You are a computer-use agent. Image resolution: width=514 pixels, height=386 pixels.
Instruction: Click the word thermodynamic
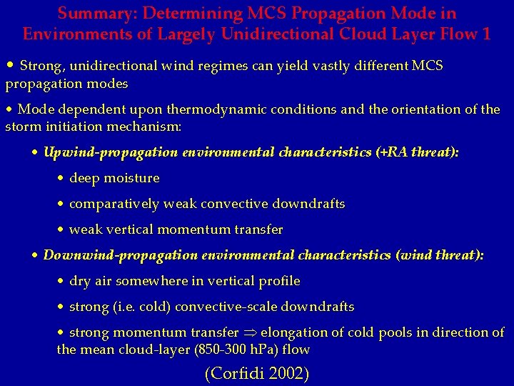pos(214,109)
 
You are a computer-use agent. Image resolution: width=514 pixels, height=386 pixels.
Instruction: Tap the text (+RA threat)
pos(417,152)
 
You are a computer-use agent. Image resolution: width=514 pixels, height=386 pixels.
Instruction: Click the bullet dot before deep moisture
pos(61,178)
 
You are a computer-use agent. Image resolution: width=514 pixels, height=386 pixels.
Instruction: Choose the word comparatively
pos(114,204)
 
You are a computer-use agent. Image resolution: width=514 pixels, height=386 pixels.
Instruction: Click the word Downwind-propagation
pos(120,255)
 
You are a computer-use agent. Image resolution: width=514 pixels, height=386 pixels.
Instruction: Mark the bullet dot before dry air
pos(61,281)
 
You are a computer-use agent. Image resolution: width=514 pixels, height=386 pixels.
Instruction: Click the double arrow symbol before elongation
pos(251,332)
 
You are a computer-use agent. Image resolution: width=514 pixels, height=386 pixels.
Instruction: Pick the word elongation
pos(294,332)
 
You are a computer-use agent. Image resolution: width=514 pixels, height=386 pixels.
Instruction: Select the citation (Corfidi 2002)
pos(257,372)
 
